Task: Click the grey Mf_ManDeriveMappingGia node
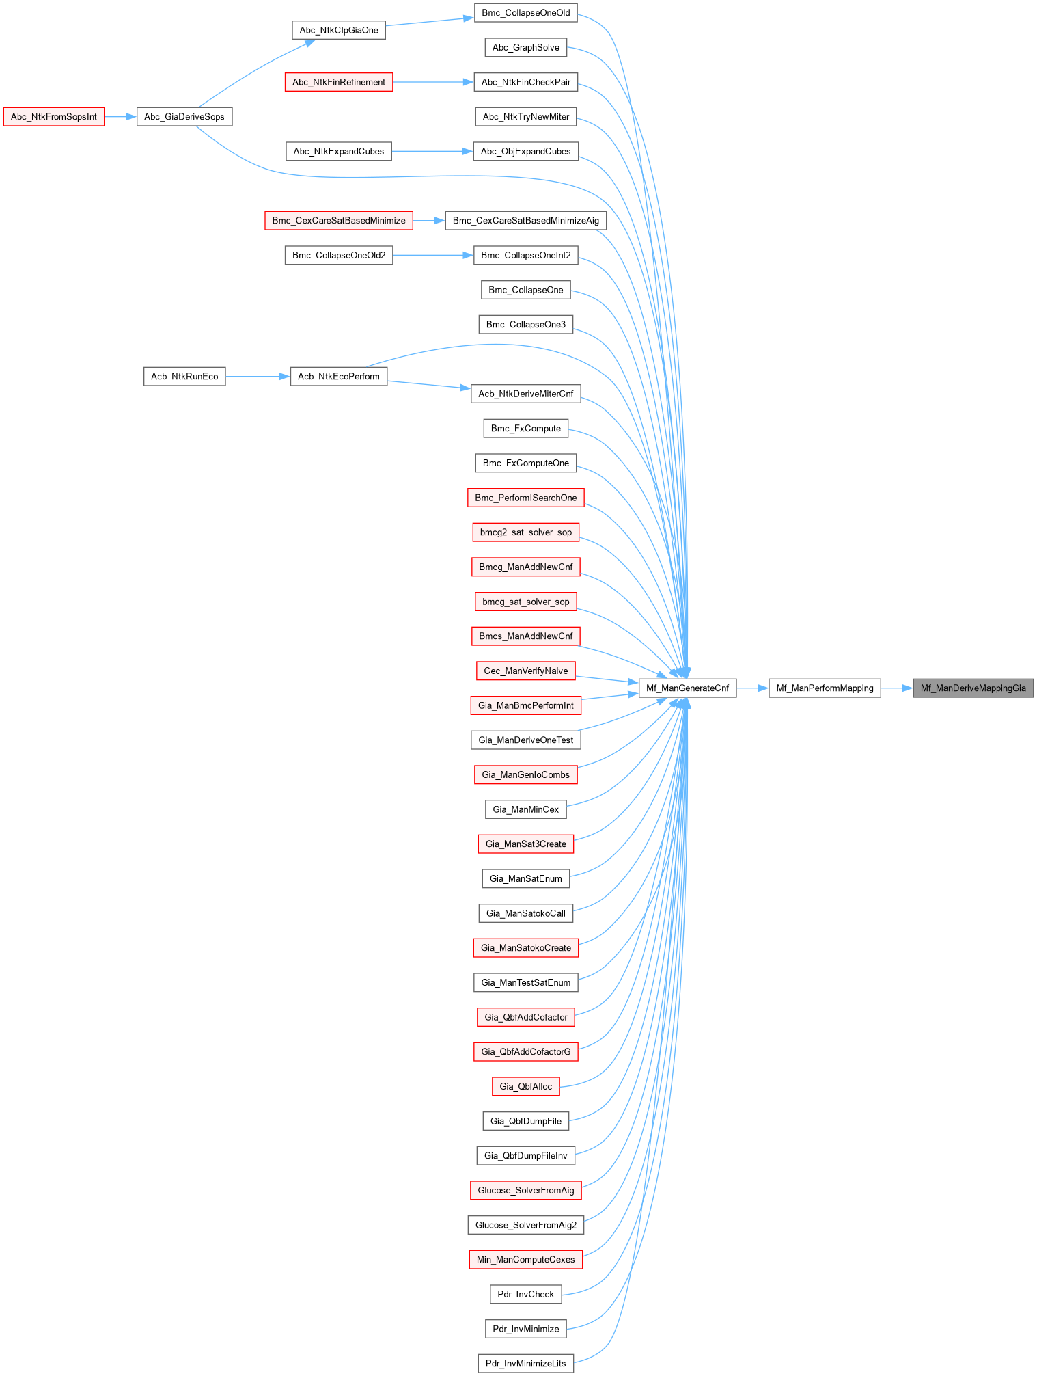click(973, 688)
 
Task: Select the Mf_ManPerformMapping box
click(825, 688)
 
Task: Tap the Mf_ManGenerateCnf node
click(687, 688)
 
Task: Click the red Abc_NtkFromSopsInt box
click(54, 117)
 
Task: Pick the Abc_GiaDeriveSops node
click(184, 117)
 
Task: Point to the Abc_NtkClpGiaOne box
click(339, 30)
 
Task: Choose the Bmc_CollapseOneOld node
click(526, 13)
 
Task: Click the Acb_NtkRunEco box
click(184, 377)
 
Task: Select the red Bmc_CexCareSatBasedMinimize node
click(339, 221)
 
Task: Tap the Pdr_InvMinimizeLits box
click(526, 1363)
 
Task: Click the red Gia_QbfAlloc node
click(526, 1086)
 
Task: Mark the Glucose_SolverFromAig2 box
click(526, 1225)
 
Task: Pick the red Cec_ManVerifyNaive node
click(526, 671)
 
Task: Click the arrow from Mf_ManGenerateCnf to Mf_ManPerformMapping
click(753, 688)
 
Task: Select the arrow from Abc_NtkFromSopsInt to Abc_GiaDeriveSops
click(120, 117)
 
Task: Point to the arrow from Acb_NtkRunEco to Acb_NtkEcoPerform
click(258, 377)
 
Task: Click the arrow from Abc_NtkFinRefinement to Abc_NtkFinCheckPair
click(433, 82)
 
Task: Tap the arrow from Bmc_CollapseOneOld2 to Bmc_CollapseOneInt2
click(433, 256)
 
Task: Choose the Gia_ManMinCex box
click(526, 809)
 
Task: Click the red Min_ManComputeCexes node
click(526, 1260)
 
